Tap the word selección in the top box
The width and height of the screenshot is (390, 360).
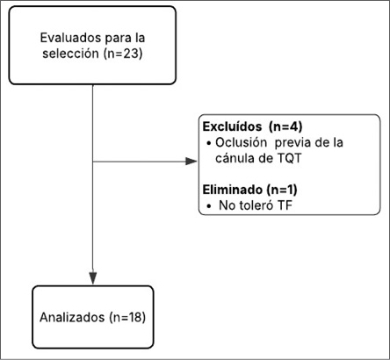(69, 54)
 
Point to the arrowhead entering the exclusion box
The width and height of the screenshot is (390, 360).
(191, 162)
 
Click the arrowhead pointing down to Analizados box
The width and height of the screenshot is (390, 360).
(92, 278)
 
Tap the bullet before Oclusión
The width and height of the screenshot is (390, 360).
(207, 142)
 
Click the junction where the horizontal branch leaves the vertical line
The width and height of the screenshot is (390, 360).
(92, 162)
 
